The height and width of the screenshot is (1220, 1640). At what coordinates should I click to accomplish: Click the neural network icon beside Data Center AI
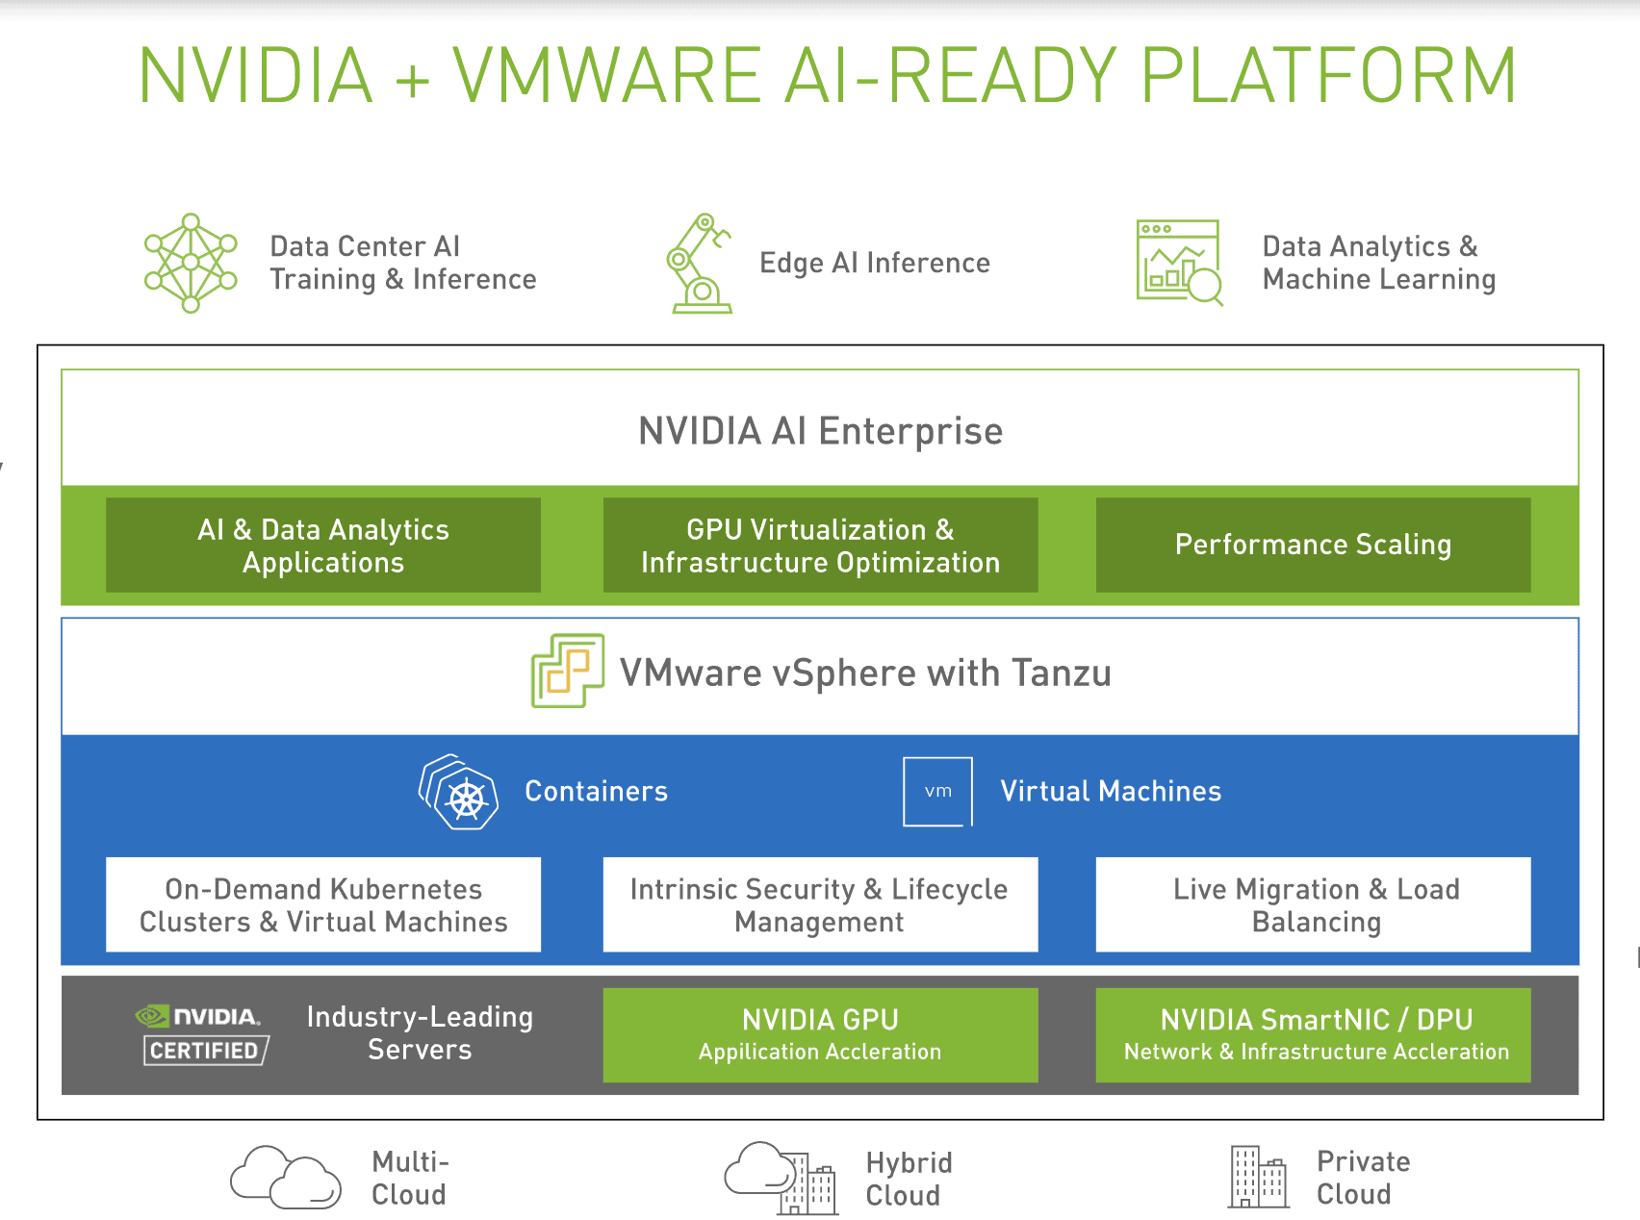tap(191, 263)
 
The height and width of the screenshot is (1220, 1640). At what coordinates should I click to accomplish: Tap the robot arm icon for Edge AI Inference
tap(698, 264)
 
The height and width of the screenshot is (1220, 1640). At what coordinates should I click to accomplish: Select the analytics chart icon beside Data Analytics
tap(1179, 262)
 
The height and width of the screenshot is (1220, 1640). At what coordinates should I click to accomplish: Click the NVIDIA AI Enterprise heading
tap(820, 431)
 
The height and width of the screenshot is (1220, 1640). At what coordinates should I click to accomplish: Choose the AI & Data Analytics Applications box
tap(323, 546)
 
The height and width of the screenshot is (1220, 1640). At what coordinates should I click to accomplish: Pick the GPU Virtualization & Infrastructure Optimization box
tap(820, 546)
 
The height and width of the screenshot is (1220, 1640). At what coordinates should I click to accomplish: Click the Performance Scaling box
tap(1313, 546)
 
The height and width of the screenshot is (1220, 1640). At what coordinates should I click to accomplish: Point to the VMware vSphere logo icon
tap(568, 671)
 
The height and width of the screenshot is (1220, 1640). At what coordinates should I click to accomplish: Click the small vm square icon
tap(937, 791)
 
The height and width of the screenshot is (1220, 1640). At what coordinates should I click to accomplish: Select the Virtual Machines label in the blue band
tap(1111, 791)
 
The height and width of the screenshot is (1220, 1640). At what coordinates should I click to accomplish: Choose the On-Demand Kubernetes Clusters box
tap(323, 904)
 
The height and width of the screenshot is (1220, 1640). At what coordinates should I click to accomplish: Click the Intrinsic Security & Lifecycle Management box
tap(820, 904)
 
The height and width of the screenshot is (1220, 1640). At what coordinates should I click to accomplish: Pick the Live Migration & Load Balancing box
tap(1313, 904)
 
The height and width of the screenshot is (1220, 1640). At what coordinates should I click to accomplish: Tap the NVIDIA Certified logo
tap(203, 1034)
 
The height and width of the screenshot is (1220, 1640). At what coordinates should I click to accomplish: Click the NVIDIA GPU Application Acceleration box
tap(820, 1034)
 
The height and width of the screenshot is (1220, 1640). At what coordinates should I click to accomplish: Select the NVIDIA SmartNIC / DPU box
tap(1313, 1034)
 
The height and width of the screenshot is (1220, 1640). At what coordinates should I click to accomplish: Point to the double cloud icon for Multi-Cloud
tap(286, 1177)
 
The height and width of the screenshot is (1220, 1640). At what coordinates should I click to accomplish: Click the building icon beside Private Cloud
tap(1258, 1177)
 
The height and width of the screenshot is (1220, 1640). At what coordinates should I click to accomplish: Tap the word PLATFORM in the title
tap(1328, 75)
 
